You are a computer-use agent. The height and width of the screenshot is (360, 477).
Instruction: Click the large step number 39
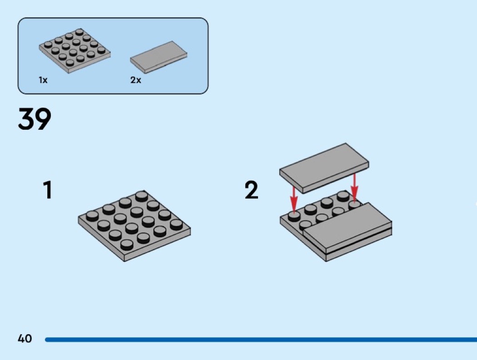point(35,118)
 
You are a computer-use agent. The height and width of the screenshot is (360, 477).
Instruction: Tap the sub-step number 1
point(48,190)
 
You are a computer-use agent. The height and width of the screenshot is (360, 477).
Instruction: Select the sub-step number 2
point(252,190)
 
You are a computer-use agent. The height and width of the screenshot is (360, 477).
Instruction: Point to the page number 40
point(25,338)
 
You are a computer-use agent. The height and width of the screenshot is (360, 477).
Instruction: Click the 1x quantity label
point(43,80)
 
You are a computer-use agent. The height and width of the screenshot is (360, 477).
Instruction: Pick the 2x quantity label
point(136,80)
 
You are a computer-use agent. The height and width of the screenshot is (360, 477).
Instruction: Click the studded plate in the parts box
point(75,51)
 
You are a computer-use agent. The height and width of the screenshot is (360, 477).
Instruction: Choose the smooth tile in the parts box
point(159,57)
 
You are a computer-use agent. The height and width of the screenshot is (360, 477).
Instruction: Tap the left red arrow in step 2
point(293,199)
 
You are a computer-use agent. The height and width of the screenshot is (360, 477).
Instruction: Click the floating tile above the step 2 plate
point(324,168)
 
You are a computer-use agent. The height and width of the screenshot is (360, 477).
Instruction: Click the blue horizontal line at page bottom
point(261,340)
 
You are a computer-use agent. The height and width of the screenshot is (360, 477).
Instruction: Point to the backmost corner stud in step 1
point(142,196)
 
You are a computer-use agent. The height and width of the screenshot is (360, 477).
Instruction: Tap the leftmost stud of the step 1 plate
point(92,216)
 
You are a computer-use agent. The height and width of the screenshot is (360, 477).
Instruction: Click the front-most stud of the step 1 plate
point(127,244)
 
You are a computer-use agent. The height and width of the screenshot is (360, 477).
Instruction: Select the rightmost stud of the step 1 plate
point(176,225)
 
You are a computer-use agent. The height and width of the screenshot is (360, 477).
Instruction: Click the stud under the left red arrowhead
point(294,216)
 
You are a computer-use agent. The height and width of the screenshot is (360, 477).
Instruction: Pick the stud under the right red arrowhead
point(354,205)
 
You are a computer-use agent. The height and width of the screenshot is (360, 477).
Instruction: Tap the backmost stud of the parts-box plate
point(79,32)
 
